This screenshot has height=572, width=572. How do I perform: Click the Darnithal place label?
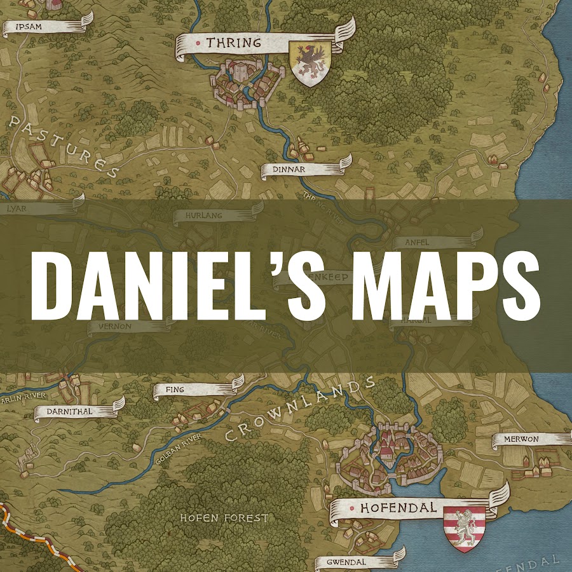click(69, 411)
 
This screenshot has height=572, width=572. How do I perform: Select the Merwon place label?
click(521, 439)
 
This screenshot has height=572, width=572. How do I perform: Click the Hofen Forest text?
click(224, 518)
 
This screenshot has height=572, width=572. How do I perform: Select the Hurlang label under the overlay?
click(205, 216)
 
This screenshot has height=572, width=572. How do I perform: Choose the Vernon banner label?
click(114, 326)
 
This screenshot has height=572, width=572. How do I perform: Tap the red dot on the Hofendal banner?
click(350, 508)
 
